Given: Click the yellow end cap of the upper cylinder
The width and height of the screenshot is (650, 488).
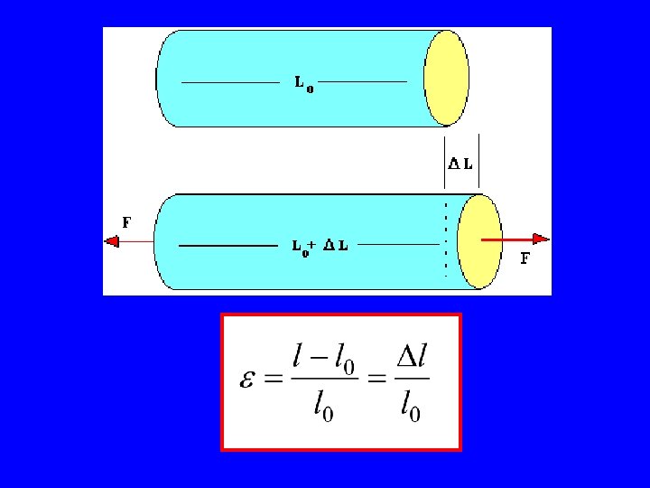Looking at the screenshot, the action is pyautogui.click(x=447, y=78).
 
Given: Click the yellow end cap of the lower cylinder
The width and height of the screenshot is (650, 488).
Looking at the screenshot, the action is pyautogui.click(x=478, y=241).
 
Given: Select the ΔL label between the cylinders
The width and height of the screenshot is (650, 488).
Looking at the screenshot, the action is pyautogui.click(x=460, y=164).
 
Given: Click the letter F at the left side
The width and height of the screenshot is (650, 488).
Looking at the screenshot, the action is pyautogui.click(x=126, y=221).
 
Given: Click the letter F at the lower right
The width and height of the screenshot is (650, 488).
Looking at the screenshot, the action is pyautogui.click(x=525, y=258).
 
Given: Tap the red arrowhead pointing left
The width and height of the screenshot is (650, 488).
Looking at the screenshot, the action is pyautogui.click(x=112, y=241).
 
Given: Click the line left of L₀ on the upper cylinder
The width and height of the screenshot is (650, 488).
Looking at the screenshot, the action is pyautogui.click(x=231, y=82).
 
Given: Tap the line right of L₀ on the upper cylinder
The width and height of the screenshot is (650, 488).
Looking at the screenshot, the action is pyautogui.click(x=362, y=82).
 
